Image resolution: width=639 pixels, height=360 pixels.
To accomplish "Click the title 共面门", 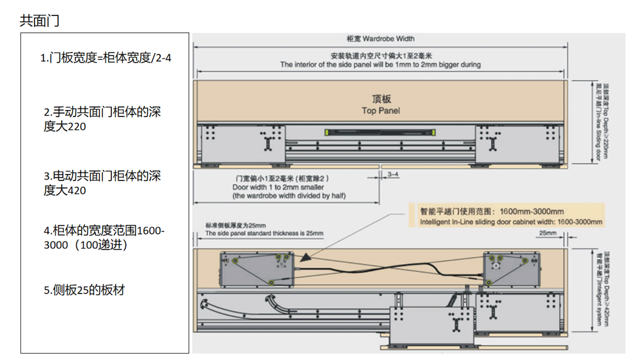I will [x=40, y=20].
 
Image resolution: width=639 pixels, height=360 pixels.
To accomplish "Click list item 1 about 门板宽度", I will [x=106, y=58].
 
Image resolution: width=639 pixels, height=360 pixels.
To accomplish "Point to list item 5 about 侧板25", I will [x=84, y=290].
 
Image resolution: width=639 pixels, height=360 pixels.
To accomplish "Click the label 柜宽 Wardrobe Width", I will [x=380, y=39].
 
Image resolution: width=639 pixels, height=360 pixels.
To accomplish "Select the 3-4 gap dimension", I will [x=392, y=174].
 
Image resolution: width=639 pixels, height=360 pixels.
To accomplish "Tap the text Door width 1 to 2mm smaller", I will [x=278, y=187].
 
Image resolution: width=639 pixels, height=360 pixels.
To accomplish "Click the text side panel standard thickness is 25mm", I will [x=264, y=233].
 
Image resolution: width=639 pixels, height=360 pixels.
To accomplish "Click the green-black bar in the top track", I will [x=381, y=133].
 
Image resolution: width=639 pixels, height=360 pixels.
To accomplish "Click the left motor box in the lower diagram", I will [x=255, y=269].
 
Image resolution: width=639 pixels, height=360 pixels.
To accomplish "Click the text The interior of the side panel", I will [x=380, y=65].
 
